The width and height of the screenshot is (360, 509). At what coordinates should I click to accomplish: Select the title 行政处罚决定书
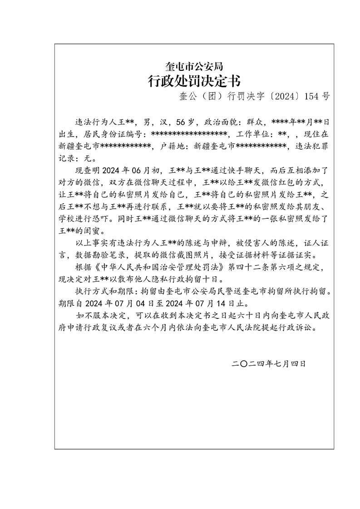[x=194, y=81]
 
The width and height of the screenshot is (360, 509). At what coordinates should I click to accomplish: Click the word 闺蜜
[x=93, y=230]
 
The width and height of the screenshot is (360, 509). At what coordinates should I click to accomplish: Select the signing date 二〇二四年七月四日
[x=268, y=363]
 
